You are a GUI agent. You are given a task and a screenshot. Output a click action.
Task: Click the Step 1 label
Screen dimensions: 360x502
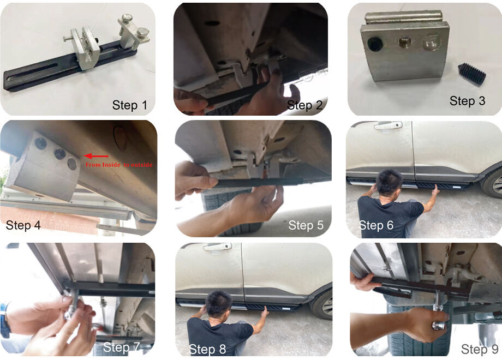point(130,105)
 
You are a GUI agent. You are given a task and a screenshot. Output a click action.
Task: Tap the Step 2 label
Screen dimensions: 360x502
point(305,105)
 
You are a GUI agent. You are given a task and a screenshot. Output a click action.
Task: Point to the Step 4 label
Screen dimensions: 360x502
point(23,225)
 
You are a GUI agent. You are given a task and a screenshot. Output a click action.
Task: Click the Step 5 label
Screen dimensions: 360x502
point(306,225)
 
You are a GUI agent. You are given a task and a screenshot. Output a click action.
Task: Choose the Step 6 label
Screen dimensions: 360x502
point(376,225)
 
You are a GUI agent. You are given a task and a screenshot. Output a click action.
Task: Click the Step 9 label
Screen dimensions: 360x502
point(479,349)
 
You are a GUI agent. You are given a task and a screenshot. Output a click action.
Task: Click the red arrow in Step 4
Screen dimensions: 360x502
point(93,157)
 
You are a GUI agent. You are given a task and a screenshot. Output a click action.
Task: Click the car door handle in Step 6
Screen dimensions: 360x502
point(388,125)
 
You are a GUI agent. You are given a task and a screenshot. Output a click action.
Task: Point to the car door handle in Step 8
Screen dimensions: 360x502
point(217,247)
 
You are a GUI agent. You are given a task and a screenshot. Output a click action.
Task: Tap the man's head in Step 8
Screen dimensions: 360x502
point(220,303)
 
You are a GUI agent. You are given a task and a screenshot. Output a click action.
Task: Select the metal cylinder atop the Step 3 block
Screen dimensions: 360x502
point(403,17)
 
